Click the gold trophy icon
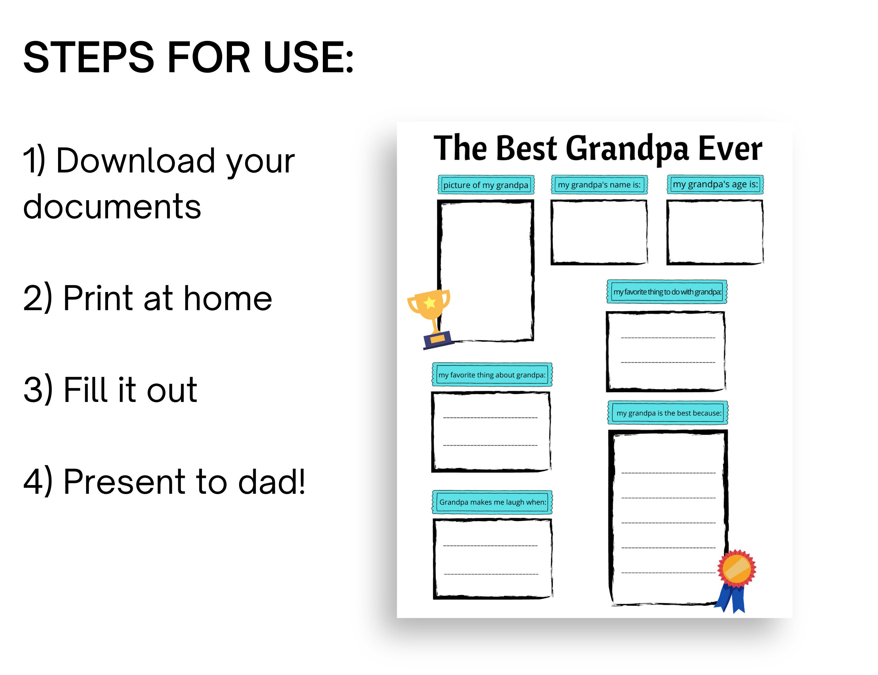429,317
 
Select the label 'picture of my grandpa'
486,185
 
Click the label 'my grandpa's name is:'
599,185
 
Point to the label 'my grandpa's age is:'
715,184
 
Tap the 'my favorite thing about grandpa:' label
492,375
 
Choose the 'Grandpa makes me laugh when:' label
492,502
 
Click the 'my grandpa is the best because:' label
669,413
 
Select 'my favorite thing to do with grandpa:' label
667,292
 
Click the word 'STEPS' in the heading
88,57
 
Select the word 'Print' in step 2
98,298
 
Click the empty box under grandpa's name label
599,232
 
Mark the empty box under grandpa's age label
715,232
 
